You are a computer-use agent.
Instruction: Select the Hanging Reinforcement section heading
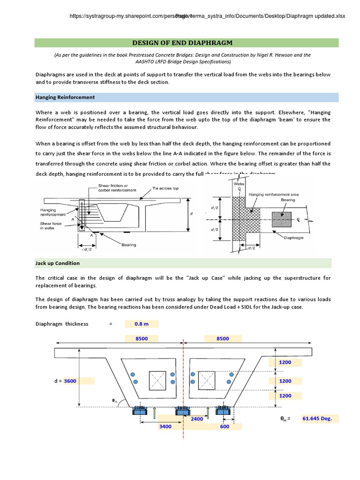point(65,97)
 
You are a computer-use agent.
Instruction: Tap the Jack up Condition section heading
point(57,263)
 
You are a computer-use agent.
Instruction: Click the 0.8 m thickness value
point(141,324)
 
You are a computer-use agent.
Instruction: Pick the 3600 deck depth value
point(70,381)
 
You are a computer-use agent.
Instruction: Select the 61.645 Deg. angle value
point(317,419)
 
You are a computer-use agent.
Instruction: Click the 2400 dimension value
point(197,419)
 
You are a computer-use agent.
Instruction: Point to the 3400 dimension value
point(165,427)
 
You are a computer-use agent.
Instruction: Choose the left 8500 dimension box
point(142,338)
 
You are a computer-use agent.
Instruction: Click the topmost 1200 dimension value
point(285,362)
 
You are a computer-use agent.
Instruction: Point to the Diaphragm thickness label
point(62,324)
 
